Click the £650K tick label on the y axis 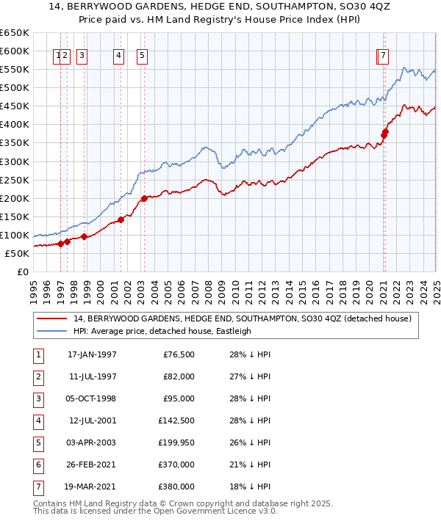[x=15, y=33]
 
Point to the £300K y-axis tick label [x=15, y=161]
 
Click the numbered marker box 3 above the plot [x=81, y=54]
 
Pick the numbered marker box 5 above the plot [x=141, y=54]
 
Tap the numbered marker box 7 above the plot [x=384, y=54]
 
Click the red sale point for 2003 [x=144, y=198]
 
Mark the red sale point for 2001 [x=121, y=219]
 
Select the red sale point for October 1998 [x=84, y=236]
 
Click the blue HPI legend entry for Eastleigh [x=162, y=331]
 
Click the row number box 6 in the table [x=37, y=464]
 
